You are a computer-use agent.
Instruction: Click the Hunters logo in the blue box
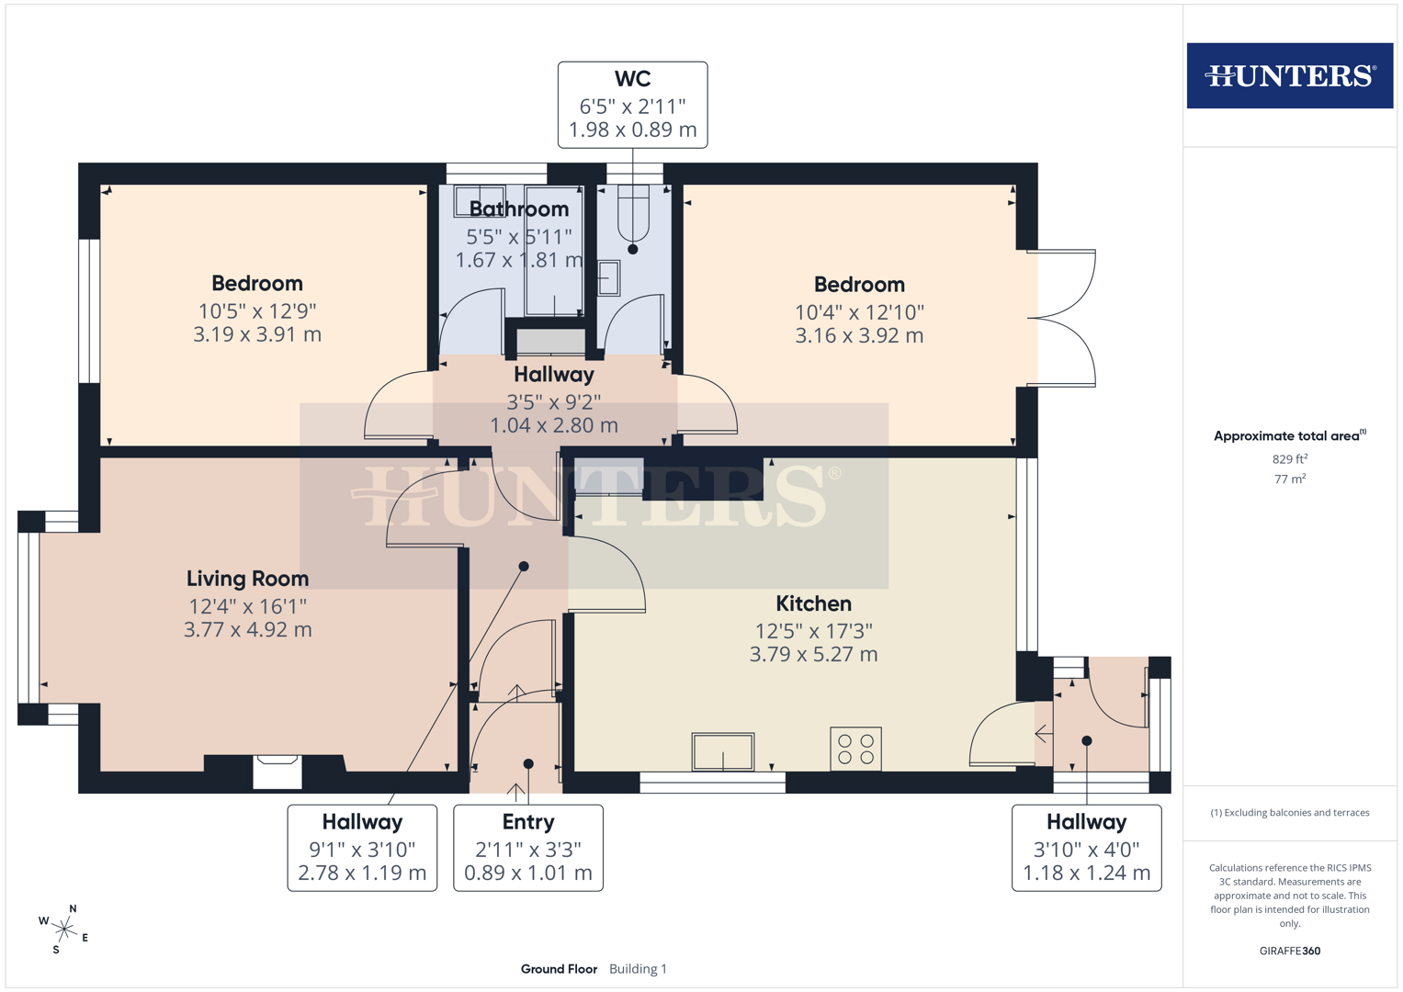1289,75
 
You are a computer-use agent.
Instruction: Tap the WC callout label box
632,105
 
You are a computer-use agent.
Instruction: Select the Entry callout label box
528,848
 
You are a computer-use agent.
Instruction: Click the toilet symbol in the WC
633,213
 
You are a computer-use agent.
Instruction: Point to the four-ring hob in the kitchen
855,749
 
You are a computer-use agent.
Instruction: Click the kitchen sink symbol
723,751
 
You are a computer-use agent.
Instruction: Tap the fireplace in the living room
277,772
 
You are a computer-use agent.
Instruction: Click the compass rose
63,929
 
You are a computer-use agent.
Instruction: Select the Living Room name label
247,579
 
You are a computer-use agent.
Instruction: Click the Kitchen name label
813,603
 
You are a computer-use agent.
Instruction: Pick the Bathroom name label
519,209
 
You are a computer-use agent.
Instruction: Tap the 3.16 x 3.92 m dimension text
859,336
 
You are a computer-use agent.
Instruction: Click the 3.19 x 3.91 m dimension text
257,334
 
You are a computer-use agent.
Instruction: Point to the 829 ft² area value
1289,459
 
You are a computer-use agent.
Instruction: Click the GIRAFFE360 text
1289,951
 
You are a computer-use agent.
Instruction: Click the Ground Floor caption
559,969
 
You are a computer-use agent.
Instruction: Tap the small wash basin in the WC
608,278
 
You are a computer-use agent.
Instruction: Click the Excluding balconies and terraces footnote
1289,813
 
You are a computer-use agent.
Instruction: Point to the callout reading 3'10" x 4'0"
1086,848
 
